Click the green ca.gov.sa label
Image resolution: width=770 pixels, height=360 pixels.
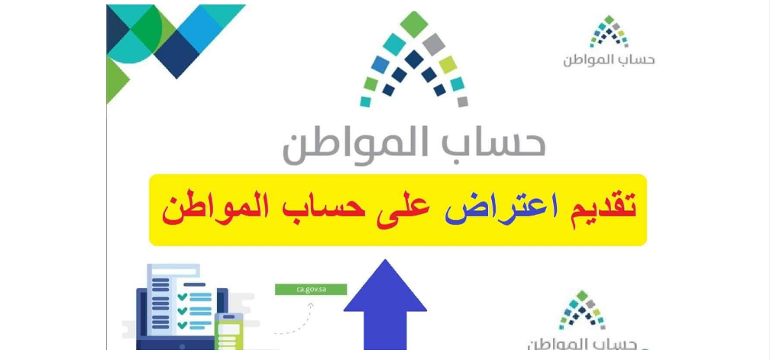click(312, 289)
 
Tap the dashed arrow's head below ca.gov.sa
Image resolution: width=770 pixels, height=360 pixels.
click(311, 306)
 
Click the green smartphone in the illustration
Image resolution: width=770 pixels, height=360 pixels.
click(228, 332)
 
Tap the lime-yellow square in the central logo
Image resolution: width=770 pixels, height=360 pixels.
click(448, 65)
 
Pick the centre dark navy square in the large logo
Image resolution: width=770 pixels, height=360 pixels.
click(414, 59)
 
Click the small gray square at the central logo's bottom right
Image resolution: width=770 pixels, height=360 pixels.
click(462, 101)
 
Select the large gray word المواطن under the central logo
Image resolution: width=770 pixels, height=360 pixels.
click(345, 146)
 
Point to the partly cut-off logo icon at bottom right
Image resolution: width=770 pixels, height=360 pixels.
click(582, 310)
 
